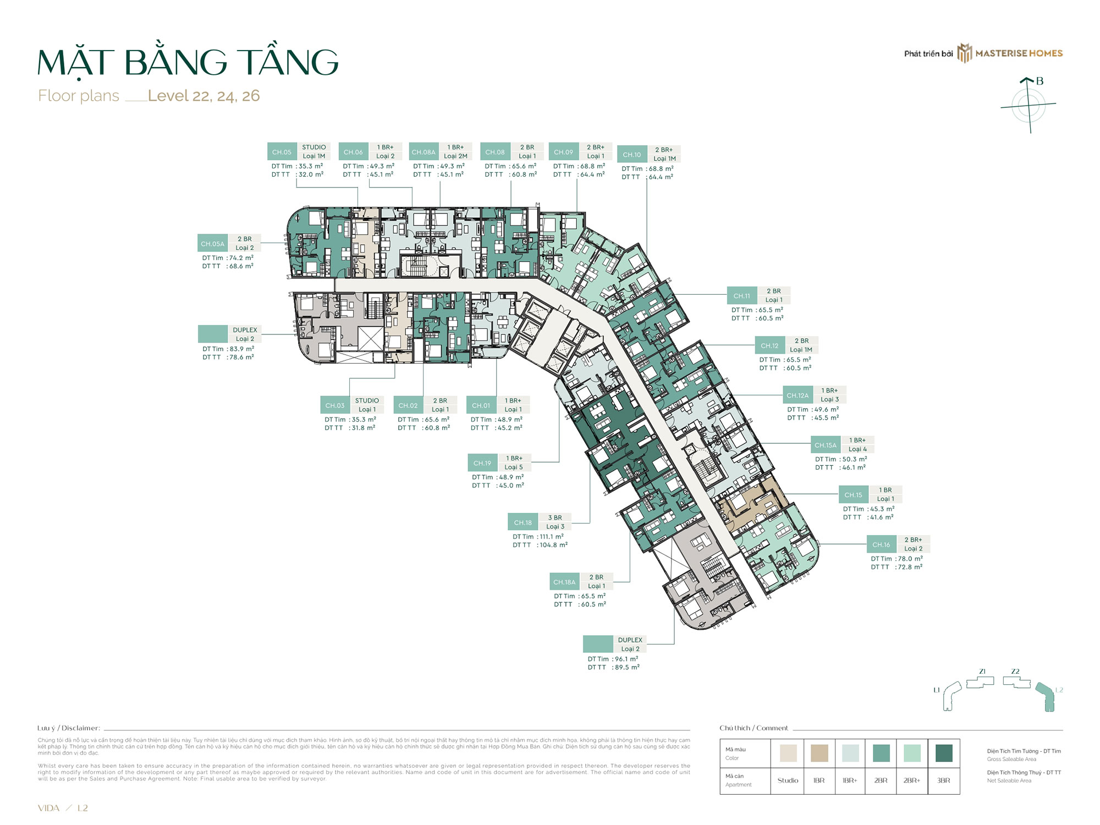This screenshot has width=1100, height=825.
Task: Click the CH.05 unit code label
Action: [282, 152]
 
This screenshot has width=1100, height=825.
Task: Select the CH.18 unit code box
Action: [522, 522]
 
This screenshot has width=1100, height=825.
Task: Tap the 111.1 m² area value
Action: [551, 537]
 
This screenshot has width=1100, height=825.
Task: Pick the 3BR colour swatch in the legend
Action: [944, 753]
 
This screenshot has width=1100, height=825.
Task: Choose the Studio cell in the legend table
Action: [788, 780]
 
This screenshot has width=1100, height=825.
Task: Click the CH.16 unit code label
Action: [881, 544]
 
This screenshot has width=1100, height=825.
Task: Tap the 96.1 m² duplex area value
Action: [626, 659]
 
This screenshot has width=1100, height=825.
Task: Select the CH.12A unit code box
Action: [798, 395]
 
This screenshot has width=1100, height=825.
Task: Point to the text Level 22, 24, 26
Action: [204, 96]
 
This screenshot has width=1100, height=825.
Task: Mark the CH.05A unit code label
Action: [212, 244]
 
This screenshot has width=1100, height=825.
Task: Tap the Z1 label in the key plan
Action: [982, 672]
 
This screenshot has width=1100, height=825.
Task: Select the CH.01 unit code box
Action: [481, 405]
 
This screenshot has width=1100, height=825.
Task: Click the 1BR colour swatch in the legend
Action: [820, 753]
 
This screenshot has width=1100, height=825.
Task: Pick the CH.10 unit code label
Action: [631, 155]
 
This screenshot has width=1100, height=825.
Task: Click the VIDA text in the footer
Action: [48, 808]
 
